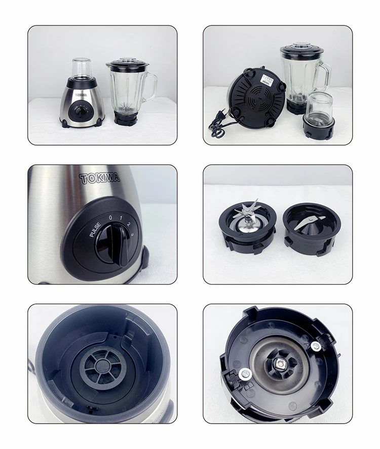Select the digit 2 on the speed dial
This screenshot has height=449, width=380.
click(x=129, y=224)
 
